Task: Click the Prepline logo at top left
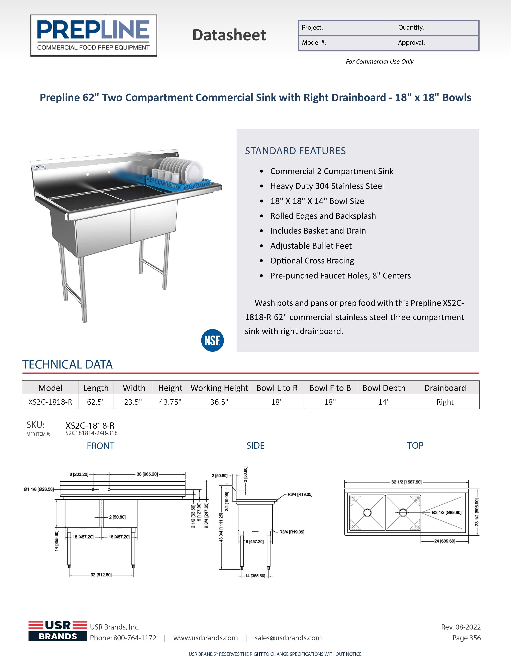click(x=94, y=35)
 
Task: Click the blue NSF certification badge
click(x=212, y=340)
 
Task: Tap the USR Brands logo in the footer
click(x=58, y=631)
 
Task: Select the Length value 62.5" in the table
click(x=96, y=402)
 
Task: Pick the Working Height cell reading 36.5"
click(x=219, y=402)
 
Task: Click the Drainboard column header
click(x=445, y=388)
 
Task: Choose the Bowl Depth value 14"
click(x=384, y=402)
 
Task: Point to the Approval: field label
click(x=411, y=43)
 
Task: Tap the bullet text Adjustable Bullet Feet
click(x=311, y=246)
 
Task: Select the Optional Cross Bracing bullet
click(x=312, y=261)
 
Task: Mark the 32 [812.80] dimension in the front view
click(x=101, y=575)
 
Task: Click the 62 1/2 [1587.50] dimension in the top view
click(x=406, y=482)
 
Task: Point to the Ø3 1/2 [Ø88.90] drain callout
click(x=446, y=512)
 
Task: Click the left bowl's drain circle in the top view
click(x=367, y=512)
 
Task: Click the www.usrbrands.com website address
click(x=205, y=638)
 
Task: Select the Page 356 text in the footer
click(x=467, y=638)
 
